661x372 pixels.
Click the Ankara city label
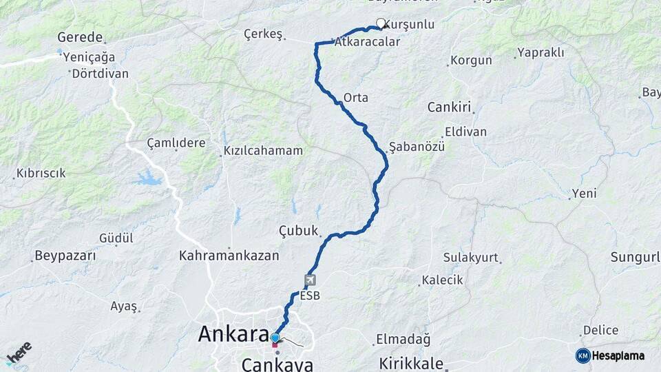[233, 334]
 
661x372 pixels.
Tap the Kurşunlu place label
[409, 24]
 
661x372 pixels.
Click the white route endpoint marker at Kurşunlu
[381, 23]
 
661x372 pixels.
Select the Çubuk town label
[299, 231]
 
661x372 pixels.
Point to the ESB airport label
[311, 296]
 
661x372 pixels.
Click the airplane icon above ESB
[311, 280]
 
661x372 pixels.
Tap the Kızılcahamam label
[263, 150]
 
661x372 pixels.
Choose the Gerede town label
[80, 37]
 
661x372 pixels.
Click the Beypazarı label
[65, 256]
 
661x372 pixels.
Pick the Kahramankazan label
[229, 256]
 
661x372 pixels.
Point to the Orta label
[355, 98]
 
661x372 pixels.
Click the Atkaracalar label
[367, 42]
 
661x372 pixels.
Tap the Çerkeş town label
[264, 33]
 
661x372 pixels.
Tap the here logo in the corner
[19, 353]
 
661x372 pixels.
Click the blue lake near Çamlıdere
[148, 179]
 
